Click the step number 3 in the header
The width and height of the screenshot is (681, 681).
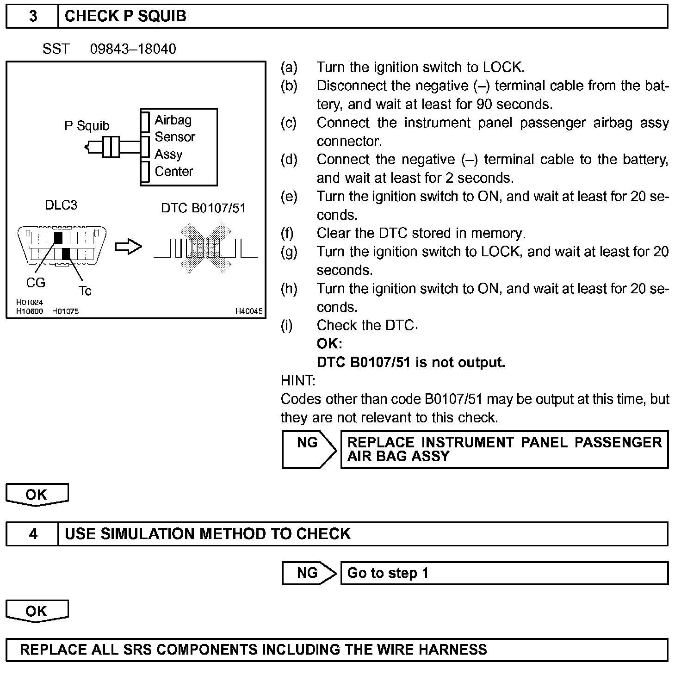pyautogui.click(x=33, y=16)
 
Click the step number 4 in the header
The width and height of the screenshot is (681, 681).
pyautogui.click(x=33, y=534)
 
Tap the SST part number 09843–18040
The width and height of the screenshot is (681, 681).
pyautogui.click(x=133, y=49)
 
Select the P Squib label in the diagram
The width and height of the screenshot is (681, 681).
pyautogui.click(x=87, y=126)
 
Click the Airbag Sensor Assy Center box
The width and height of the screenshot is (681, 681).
pyautogui.click(x=179, y=147)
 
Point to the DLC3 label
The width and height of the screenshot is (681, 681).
pyautogui.click(x=61, y=205)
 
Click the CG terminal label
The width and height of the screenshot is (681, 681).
pyautogui.click(x=36, y=282)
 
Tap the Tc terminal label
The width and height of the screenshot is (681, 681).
pyautogui.click(x=85, y=291)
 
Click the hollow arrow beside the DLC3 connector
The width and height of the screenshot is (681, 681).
pyautogui.click(x=128, y=247)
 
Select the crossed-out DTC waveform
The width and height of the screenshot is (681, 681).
pyautogui.click(x=205, y=248)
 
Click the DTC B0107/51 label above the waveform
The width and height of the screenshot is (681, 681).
pyautogui.click(x=203, y=208)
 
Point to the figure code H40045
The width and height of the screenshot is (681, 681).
pyautogui.click(x=249, y=311)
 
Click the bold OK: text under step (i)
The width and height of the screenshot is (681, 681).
pyautogui.click(x=329, y=344)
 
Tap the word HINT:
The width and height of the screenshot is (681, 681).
pyautogui.click(x=298, y=381)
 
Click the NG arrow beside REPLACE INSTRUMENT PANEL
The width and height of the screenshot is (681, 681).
pyautogui.click(x=309, y=450)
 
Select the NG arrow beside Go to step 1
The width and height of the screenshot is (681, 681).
pyautogui.click(x=309, y=573)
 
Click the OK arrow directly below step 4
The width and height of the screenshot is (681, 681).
pyautogui.click(x=37, y=611)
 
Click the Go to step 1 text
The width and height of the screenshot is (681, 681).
pyautogui.click(x=388, y=573)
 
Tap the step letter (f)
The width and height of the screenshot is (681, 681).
pyautogui.click(x=287, y=233)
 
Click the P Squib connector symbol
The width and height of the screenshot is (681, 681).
pyautogui.click(x=111, y=147)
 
